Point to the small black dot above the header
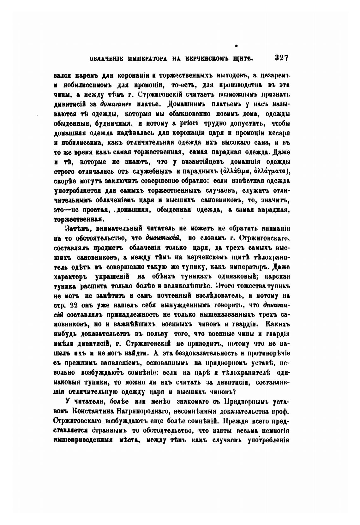[236, 46]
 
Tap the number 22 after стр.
[74, 305]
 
